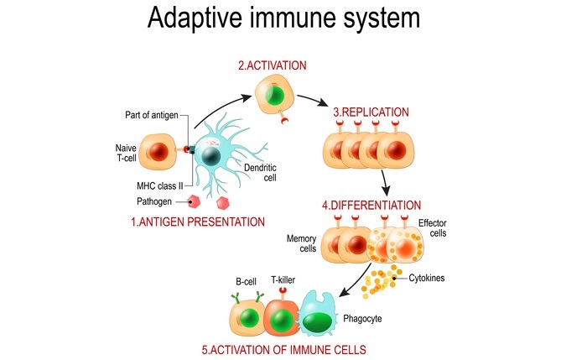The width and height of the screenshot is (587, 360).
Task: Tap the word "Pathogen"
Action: (155, 202)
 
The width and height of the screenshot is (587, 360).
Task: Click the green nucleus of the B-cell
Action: (249, 319)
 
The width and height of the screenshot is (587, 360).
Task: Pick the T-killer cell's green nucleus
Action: (283, 319)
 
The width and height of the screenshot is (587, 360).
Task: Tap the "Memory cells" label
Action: (304, 243)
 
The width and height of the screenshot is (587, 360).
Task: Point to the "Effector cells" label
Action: (434, 229)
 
